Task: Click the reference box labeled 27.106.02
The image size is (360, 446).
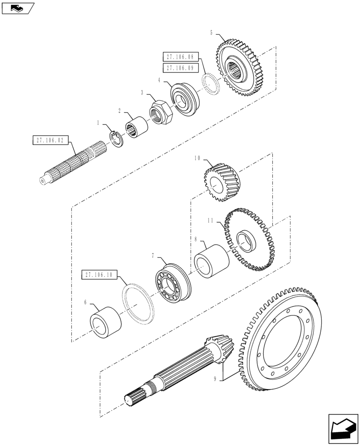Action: coord(48,140)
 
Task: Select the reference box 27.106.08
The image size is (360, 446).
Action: coord(179,57)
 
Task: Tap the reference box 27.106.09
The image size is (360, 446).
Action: coord(179,68)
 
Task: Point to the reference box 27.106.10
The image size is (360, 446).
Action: coord(97,275)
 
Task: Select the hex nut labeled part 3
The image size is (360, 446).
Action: coord(161,114)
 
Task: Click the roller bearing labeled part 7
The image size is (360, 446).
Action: coord(172,283)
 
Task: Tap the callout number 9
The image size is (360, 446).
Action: coord(215,379)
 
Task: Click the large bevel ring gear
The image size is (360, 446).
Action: coord(285,343)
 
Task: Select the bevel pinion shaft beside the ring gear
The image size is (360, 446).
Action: coord(178,372)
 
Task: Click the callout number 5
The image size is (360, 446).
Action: coord(212,33)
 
